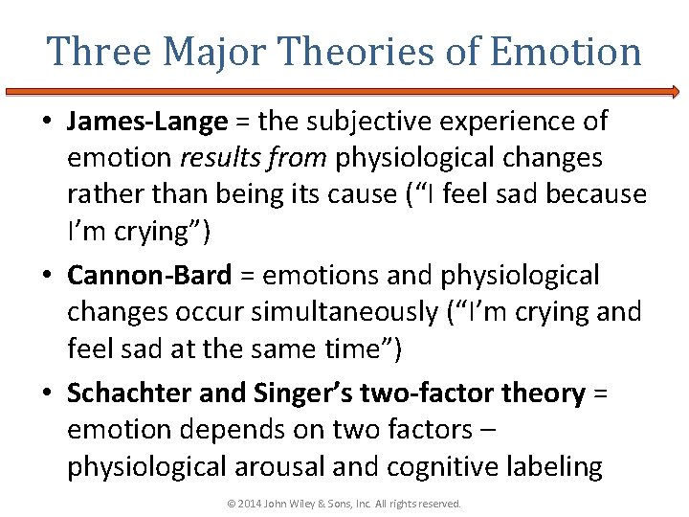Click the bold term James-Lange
click(x=147, y=122)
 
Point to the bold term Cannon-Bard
click(x=149, y=276)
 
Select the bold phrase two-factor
click(x=443, y=393)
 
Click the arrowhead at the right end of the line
click(x=676, y=92)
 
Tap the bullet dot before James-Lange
click(x=48, y=123)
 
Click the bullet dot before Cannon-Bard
click(x=48, y=277)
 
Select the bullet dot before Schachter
click(x=48, y=393)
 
